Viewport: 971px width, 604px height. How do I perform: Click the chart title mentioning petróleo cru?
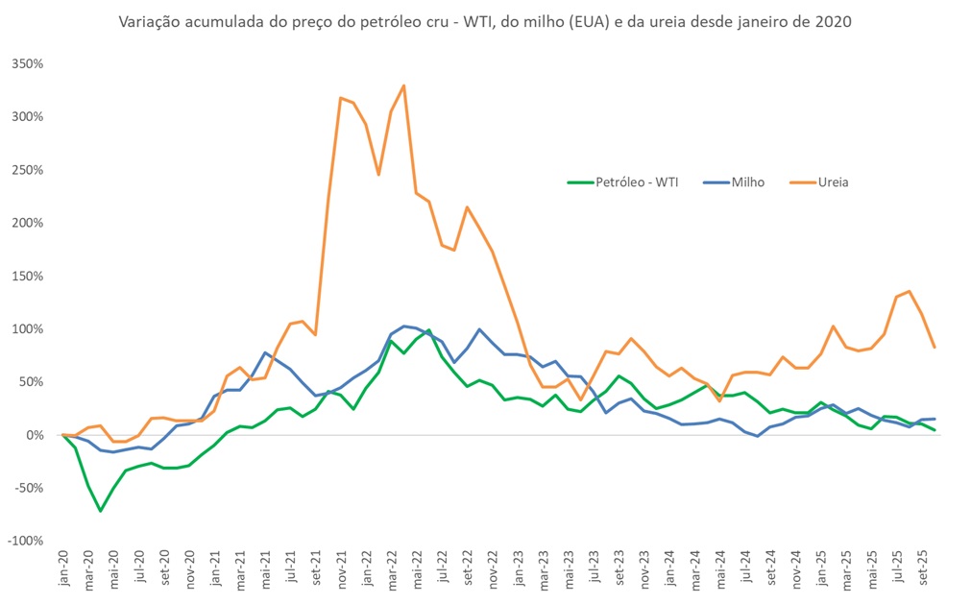point(485,20)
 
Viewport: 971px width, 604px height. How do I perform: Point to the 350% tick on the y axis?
point(28,64)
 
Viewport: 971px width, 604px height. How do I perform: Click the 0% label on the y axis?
point(36,435)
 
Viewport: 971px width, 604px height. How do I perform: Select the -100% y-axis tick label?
point(26,542)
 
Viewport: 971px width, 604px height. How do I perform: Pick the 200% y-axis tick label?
point(28,223)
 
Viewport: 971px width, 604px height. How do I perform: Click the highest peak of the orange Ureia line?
point(403,85)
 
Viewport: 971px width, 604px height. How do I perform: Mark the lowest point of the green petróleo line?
point(100,511)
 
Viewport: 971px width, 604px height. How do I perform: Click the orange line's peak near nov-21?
point(341,98)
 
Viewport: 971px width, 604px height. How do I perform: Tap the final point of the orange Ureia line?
point(935,348)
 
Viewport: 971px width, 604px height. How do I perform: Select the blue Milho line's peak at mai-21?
point(265,352)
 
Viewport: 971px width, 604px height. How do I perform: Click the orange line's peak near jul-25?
point(910,291)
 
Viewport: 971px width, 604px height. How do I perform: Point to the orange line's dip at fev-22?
point(378,175)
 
